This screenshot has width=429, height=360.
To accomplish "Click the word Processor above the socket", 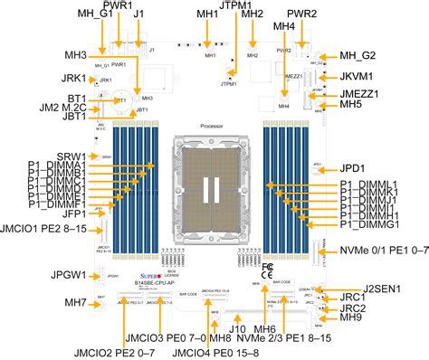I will tap(212, 128).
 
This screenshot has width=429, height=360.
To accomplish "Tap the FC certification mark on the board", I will tap(267, 269).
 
